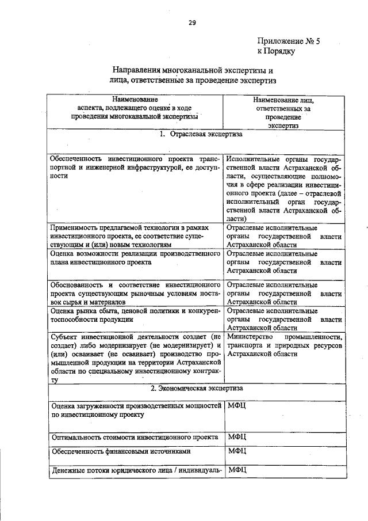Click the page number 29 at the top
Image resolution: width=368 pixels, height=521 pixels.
click(x=191, y=23)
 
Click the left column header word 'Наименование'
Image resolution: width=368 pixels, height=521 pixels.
click(x=136, y=100)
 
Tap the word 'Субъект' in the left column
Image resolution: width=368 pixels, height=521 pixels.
click(x=66, y=336)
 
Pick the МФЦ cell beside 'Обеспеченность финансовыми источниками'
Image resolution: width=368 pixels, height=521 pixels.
click(x=236, y=451)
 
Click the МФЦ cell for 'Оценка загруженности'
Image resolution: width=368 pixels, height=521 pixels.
click(x=236, y=406)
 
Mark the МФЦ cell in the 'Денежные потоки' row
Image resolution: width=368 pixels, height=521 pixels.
click(x=236, y=470)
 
